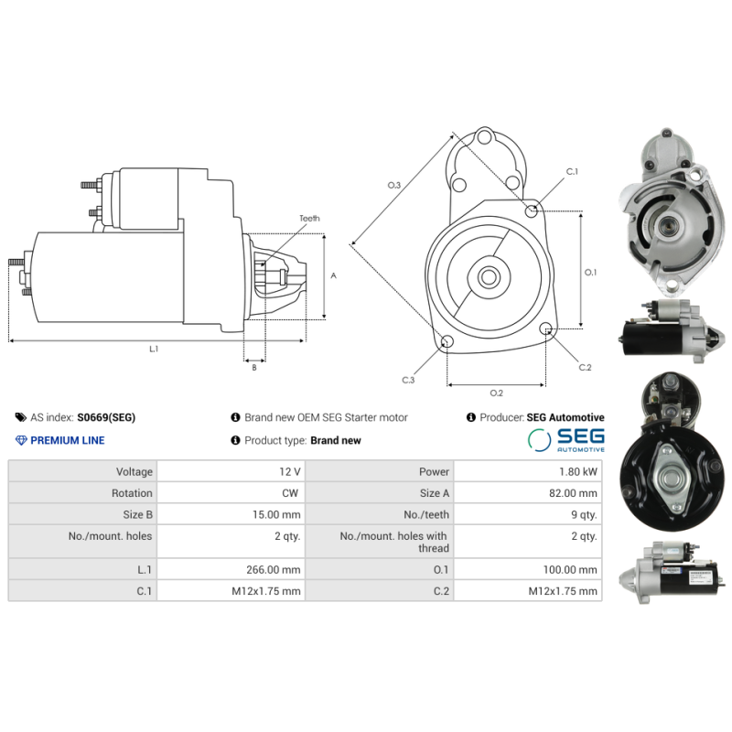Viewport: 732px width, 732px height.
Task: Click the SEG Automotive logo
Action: point(566,440)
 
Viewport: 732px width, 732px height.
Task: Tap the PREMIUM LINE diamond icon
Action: point(22,440)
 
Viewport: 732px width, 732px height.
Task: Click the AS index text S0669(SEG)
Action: point(106,417)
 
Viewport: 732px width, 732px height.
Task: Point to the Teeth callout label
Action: point(309,219)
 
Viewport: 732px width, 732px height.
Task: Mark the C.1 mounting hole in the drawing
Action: point(532,211)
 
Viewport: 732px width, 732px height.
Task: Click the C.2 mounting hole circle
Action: point(546,329)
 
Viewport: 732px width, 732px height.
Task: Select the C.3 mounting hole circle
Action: point(447,342)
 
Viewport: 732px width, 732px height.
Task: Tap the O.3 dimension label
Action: point(394,186)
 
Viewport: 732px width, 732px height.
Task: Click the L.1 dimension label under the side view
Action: point(154,349)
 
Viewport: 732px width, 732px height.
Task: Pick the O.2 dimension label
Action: point(496,393)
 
